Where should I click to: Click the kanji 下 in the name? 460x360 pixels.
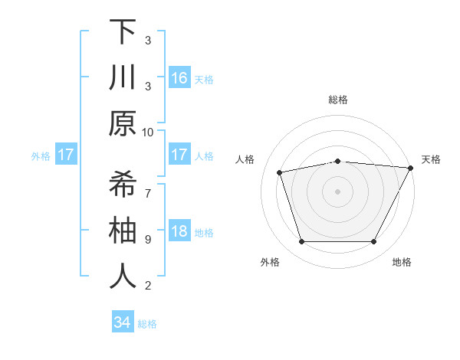[x=123, y=32]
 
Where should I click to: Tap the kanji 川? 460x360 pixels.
[x=123, y=78]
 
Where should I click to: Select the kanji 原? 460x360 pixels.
[x=123, y=123]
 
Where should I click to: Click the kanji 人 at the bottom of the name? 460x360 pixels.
[x=123, y=277]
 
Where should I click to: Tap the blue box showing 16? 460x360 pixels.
[x=179, y=78]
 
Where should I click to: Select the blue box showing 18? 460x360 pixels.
[x=179, y=232]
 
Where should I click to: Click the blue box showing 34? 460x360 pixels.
[x=122, y=322]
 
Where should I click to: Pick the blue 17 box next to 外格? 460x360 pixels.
[x=66, y=155]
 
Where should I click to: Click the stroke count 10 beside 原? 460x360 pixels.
[x=148, y=132]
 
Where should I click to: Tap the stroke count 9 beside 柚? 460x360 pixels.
[x=148, y=239]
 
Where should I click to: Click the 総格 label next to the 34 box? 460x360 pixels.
[x=147, y=324]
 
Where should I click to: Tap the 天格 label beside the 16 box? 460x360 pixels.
[x=204, y=80]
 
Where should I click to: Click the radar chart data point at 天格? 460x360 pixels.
[x=411, y=168]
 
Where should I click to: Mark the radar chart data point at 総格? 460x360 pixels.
[x=338, y=161]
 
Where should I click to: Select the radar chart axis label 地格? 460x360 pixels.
[x=402, y=262]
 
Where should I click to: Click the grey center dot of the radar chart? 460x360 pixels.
[x=338, y=191]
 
